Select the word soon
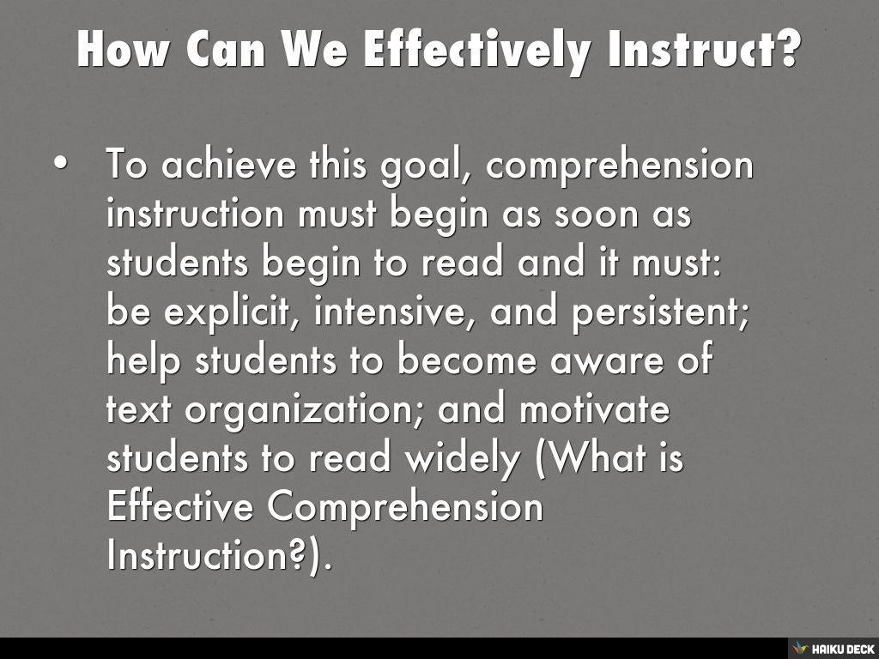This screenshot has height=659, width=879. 590,214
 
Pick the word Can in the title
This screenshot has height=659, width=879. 227,49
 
